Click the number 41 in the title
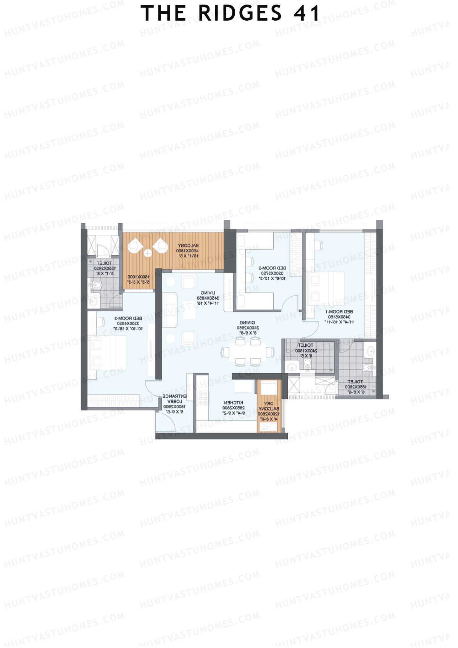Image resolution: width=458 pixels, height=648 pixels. click(x=307, y=13)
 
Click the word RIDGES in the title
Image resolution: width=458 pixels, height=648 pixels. click(x=240, y=13)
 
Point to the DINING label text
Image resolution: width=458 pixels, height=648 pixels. click(x=247, y=323)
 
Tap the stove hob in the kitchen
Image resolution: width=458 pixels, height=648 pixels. click(x=203, y=398)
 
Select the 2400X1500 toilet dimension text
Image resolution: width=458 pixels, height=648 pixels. click(x=306, y=351)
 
